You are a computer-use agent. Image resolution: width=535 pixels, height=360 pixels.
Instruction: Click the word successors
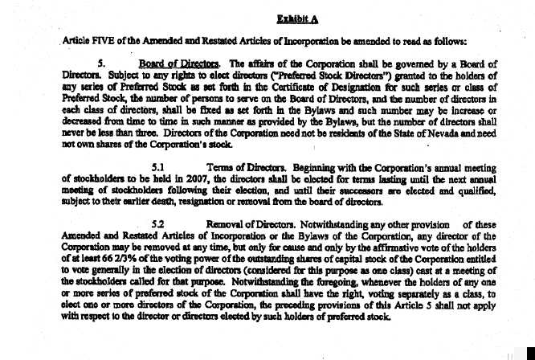[x=366, y=192]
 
